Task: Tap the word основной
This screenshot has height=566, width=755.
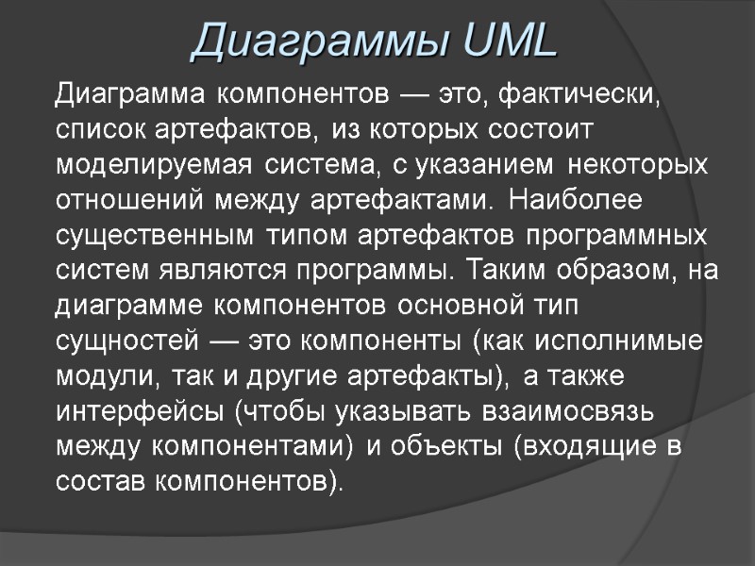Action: [453, 306]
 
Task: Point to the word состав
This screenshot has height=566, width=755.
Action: [91, 482]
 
